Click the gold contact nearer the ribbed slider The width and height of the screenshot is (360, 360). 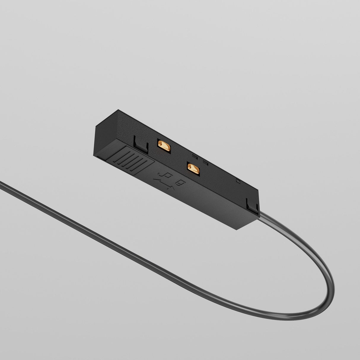point(164,146)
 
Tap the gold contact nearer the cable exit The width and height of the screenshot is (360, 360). point(193,168)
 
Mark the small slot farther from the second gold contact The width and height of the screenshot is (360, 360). point(195,156)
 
